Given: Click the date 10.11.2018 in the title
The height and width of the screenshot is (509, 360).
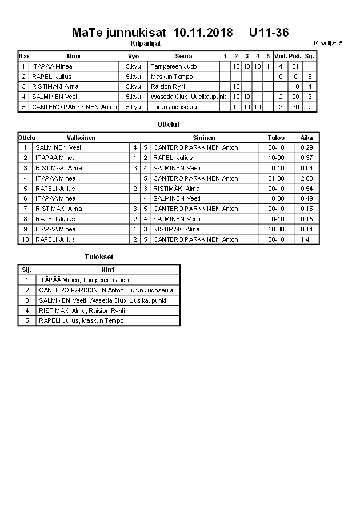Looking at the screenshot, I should tap(203, 33).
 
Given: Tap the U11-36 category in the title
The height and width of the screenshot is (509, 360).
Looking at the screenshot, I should tap(269, 33).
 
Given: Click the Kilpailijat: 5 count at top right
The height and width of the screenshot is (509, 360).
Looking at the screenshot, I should tap(328, 43).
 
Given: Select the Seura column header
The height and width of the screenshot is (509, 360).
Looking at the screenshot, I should tap(183, 56).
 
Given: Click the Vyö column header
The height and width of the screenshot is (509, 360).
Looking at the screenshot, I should tap(133, 56).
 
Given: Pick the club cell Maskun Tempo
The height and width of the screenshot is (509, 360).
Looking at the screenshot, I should tap(171, 77).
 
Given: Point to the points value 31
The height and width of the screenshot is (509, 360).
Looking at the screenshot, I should tap(295, 66).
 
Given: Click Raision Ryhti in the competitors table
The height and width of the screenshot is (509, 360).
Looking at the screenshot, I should tap(169, 86).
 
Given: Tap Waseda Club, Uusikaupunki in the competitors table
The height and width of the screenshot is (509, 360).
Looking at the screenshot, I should tap(189, 97).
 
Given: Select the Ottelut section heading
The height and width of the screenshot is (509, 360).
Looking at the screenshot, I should tap(168, 124).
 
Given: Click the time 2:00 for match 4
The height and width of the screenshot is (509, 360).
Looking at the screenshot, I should tap(307, 178).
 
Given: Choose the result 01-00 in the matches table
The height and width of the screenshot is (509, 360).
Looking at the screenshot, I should tap(276, 178).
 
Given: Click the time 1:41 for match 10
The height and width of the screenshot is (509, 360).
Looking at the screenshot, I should tap(307, 239).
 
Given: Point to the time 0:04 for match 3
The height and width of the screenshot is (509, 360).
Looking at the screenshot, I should tap(307, 168).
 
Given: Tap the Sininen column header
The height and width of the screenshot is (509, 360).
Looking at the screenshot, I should tap(204, 138).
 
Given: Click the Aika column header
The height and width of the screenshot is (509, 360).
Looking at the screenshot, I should tap(307, 138).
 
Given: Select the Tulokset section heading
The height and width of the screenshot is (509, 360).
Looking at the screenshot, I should tap(99, 257).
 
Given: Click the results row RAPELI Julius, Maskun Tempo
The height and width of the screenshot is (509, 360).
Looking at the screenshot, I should tap(81, 320).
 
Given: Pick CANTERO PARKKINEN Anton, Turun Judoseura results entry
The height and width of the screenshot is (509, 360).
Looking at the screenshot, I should tap(106, 290).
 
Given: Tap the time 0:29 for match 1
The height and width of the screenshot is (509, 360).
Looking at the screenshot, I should tap(307, 147).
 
